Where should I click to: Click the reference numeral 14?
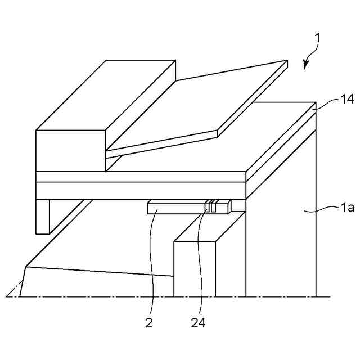pyautogui.click(x=331, y=99)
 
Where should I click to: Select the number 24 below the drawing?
pyautogui.click(x=198, y=323)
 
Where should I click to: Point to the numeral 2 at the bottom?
pyautogui.click(x=149, y=323)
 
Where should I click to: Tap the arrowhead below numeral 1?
pyautogui.click(x=306, y=65)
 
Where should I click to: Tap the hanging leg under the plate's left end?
pyautogui.click(x=43, y=216)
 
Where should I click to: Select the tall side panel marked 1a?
pyautogui.click(x=281, y=247)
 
